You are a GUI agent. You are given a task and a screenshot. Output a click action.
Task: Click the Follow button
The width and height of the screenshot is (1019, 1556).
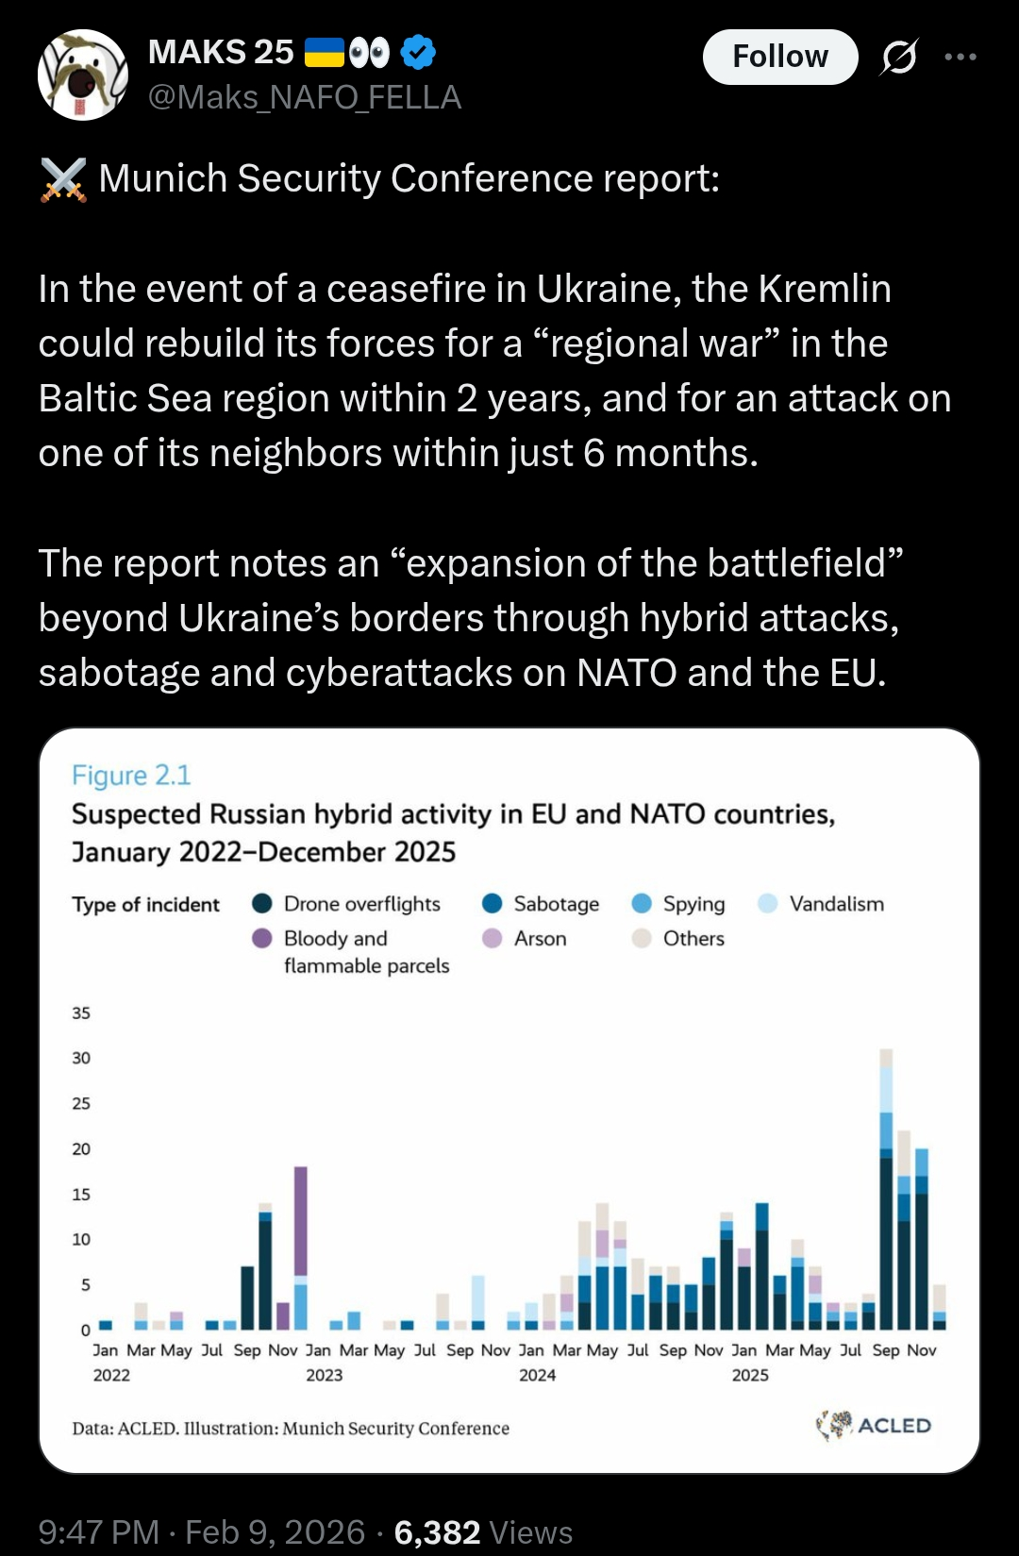tap(779, 57)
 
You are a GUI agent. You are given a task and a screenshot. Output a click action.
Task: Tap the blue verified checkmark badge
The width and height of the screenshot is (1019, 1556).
tap(418, 52)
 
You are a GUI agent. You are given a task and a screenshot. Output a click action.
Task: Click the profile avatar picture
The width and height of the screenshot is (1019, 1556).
tap(83, 75)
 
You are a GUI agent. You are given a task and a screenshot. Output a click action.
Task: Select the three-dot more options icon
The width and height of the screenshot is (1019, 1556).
tap(961, 58)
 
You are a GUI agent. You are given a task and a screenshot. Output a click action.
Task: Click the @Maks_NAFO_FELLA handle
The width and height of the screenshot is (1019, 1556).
tap(305, 97)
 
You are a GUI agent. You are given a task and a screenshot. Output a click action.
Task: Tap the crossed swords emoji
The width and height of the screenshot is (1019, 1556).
tap(63, 179)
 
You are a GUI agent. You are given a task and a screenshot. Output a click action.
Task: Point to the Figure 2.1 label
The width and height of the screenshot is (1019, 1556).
tap(131, 776)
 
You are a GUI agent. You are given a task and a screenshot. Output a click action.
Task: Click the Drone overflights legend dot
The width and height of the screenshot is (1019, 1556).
tap(262, 904)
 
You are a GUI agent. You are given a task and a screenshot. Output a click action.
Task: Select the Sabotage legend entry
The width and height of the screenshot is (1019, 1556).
tap(541, 904)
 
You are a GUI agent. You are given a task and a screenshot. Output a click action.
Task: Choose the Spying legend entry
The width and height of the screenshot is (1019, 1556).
tap(678, 904)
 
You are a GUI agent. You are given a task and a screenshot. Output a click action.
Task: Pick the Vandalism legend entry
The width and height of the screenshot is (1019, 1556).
tap(821, 904)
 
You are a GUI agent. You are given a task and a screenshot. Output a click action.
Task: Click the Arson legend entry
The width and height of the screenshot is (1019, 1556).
tap(525, 939)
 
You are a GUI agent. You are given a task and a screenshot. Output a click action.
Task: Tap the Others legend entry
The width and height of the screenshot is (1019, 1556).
tap(678, 939)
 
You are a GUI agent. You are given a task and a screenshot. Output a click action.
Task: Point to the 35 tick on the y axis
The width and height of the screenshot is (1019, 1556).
tap(81, 1013)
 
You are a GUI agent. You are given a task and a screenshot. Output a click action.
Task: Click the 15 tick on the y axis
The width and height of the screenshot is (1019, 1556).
tap(81, 1195)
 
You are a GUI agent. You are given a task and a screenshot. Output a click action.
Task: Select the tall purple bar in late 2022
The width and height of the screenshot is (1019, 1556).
tap(301, 1221)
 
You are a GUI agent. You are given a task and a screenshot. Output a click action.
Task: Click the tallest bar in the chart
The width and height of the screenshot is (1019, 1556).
tap(886, 1189)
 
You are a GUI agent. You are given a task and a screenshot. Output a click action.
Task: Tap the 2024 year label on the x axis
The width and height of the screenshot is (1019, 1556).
tap(537, 1376)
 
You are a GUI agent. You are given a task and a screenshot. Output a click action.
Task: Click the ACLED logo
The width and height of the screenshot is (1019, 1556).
tap(874, 1425)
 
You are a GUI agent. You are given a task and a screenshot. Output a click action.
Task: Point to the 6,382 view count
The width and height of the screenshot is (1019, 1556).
tap(437, 1532)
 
